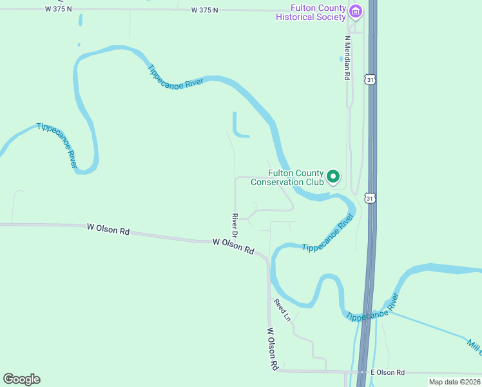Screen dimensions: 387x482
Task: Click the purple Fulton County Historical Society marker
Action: click(356, 11)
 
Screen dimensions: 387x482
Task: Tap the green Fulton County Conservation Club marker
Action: click(333, 176)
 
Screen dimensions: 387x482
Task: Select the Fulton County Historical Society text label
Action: click(311, 12)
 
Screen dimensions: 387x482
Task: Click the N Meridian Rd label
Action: click(347, 57)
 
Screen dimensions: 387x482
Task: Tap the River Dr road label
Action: click(235, 224)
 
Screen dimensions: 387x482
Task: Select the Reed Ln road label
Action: click(282, 310)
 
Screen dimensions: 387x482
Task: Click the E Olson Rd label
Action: click(387, 373)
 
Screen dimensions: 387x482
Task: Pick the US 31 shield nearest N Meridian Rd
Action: click(369, 79)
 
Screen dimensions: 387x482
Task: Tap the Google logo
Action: click(21, 379)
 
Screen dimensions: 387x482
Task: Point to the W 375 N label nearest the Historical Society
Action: click(205, 10)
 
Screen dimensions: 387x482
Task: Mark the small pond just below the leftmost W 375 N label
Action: click(80, 20)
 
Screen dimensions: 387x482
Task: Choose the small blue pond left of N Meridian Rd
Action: click(342, 58)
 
